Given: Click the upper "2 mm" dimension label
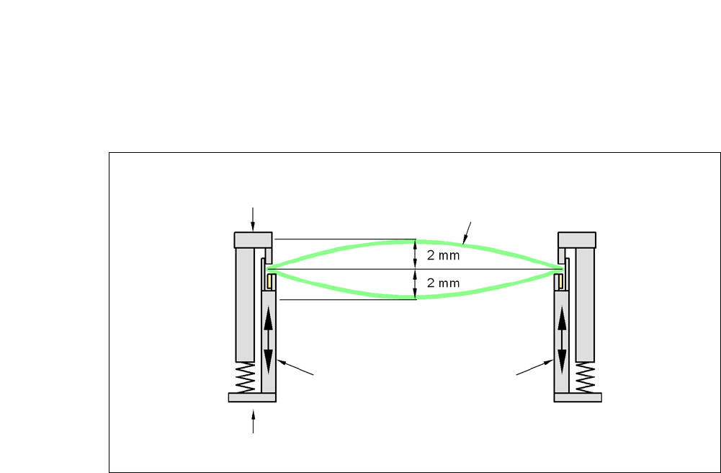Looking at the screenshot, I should (x=443, y=255).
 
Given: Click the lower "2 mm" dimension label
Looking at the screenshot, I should (x=443, y=283).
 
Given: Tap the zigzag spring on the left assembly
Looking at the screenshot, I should (x=245, y=377).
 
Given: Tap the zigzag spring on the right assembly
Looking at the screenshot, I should (x=585, y=377).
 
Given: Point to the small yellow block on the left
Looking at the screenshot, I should (x=270, y=280).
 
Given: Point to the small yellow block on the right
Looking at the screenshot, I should (x=559, y=280).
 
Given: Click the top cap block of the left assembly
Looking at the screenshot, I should (x=252, y=239).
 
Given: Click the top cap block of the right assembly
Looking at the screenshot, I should (x=577, y=239).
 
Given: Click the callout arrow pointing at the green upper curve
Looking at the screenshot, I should (x=467, y=230).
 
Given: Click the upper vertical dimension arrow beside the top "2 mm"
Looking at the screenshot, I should (x=414, y=255).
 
